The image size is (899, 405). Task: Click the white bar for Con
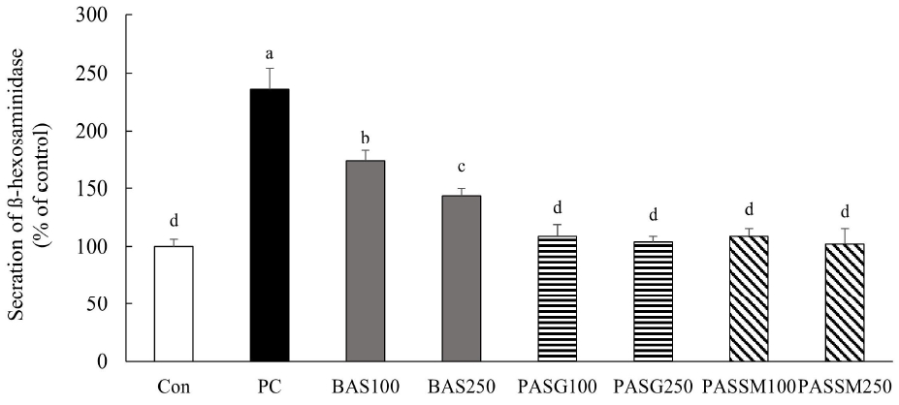pos(174,303)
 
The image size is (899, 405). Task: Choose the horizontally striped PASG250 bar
pos(654,301)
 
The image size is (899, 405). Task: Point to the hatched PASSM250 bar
pos(846,302)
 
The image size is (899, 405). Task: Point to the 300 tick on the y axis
pos(95,16)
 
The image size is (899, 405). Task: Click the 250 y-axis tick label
pos(95,74)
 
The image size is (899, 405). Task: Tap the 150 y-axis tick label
pos(95,189)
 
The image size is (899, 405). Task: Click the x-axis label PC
pos(270,389)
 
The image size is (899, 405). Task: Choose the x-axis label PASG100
pos(558,389)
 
